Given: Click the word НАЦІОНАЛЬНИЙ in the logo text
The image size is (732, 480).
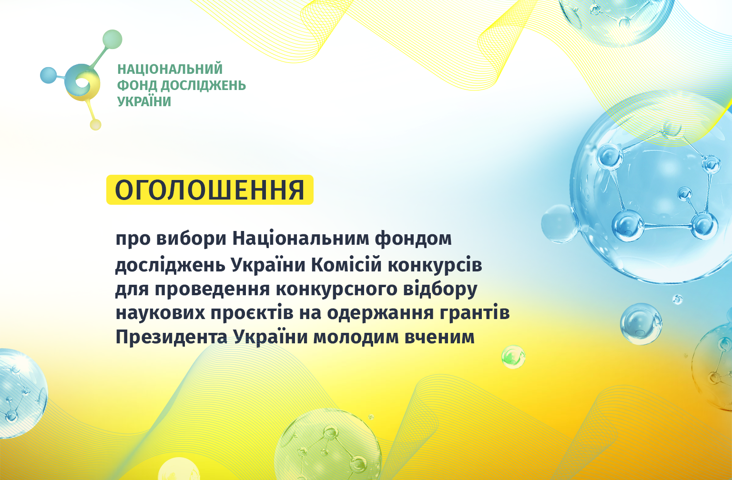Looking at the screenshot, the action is [x=170, y=69].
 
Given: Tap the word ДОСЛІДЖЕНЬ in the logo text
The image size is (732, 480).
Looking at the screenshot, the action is [x=203, y=86].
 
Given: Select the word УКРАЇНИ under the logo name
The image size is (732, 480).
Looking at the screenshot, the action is [x=144, y=101].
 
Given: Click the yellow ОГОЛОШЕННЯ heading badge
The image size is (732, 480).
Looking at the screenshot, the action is [x=210, y=190].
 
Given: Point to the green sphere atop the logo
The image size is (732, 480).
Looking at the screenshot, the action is [x=112, y=39].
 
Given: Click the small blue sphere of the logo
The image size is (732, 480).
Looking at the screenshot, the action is [x=48, y=75].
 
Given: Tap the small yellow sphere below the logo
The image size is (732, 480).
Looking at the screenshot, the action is [x=95, y=125].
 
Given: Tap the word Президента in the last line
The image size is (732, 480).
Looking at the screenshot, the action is [x=172, y=337].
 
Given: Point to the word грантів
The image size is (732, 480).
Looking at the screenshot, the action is [x=475, y=313].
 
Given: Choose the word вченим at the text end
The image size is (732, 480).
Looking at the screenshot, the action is [x=439, y=337].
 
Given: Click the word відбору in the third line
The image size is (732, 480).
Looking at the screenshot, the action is [x=440, y=289].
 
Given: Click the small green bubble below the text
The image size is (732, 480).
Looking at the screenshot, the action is [x=513, y=357].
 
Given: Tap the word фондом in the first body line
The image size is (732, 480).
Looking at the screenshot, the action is [x=413, y=239].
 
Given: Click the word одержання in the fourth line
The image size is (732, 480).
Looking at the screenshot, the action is [x=380, y=314].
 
